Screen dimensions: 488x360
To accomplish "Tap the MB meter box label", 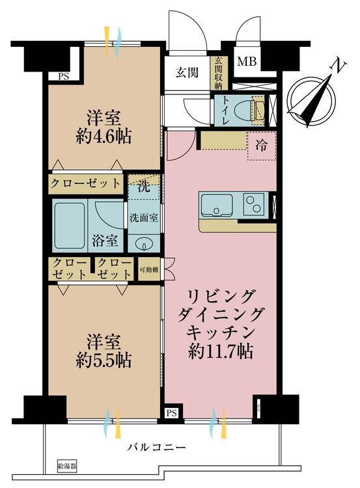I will click(245, 62).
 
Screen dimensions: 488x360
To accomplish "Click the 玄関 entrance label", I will click(186, 72).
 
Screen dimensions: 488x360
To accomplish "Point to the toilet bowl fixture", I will click(248, 110).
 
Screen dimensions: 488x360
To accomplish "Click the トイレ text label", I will click(224, 109).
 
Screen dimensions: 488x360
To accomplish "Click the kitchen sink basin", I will click(215, 206).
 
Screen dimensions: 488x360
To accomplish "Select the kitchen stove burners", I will click(253, 206).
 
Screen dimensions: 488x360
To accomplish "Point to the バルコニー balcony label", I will click(156, 448).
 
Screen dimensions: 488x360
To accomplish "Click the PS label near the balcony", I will click(171, 413).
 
